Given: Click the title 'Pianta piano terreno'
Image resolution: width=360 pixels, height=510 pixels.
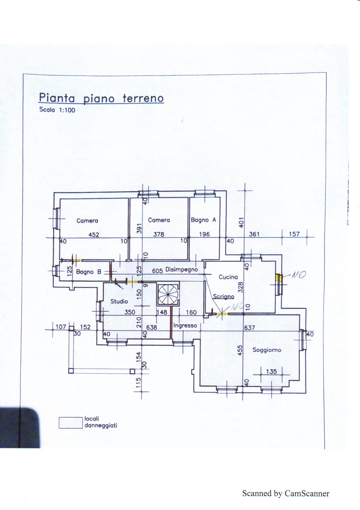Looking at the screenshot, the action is [x=101, y=98].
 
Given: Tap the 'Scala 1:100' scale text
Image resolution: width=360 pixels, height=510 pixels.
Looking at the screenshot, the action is [x=57, y=110].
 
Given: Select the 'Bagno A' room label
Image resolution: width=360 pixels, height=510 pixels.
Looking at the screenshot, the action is [x=204, y=220].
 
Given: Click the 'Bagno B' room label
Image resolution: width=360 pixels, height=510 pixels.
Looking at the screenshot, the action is [x=89, y=272].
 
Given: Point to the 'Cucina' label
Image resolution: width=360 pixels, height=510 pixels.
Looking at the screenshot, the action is [x=228, y=277].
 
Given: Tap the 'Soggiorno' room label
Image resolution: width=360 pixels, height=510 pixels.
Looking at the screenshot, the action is [x=267, y=350].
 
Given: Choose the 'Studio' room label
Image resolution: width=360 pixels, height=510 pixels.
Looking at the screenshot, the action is [x=119, y=301].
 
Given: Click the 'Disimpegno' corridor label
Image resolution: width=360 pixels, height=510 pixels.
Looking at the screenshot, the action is [x=182, y=269].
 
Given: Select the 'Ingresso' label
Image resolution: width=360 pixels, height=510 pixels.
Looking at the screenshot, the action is [x=185, y=325].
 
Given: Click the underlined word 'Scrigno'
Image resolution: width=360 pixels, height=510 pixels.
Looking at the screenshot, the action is [x=224, y=296].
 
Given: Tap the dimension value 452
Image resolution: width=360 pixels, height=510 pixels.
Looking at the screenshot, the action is [x=94, y=235].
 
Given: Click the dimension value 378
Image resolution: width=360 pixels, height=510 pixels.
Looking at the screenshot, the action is [x=159, y=234].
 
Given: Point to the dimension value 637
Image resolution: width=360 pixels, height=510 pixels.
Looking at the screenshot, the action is [x=249, y=328].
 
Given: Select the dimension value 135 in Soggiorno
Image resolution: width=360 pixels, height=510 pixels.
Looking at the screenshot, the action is [x=271, y=371].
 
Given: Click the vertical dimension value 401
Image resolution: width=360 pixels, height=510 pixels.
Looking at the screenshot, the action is [x=241, y=223].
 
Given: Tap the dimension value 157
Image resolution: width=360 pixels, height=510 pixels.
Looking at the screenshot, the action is [x=294, y=234].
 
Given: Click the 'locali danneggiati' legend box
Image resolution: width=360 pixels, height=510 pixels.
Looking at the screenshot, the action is [x=71, y=423].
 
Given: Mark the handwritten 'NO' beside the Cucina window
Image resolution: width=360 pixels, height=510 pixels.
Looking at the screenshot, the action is [x=298, y=275].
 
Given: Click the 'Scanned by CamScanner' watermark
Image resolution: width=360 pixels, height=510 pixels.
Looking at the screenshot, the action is [x=286, y=493].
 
